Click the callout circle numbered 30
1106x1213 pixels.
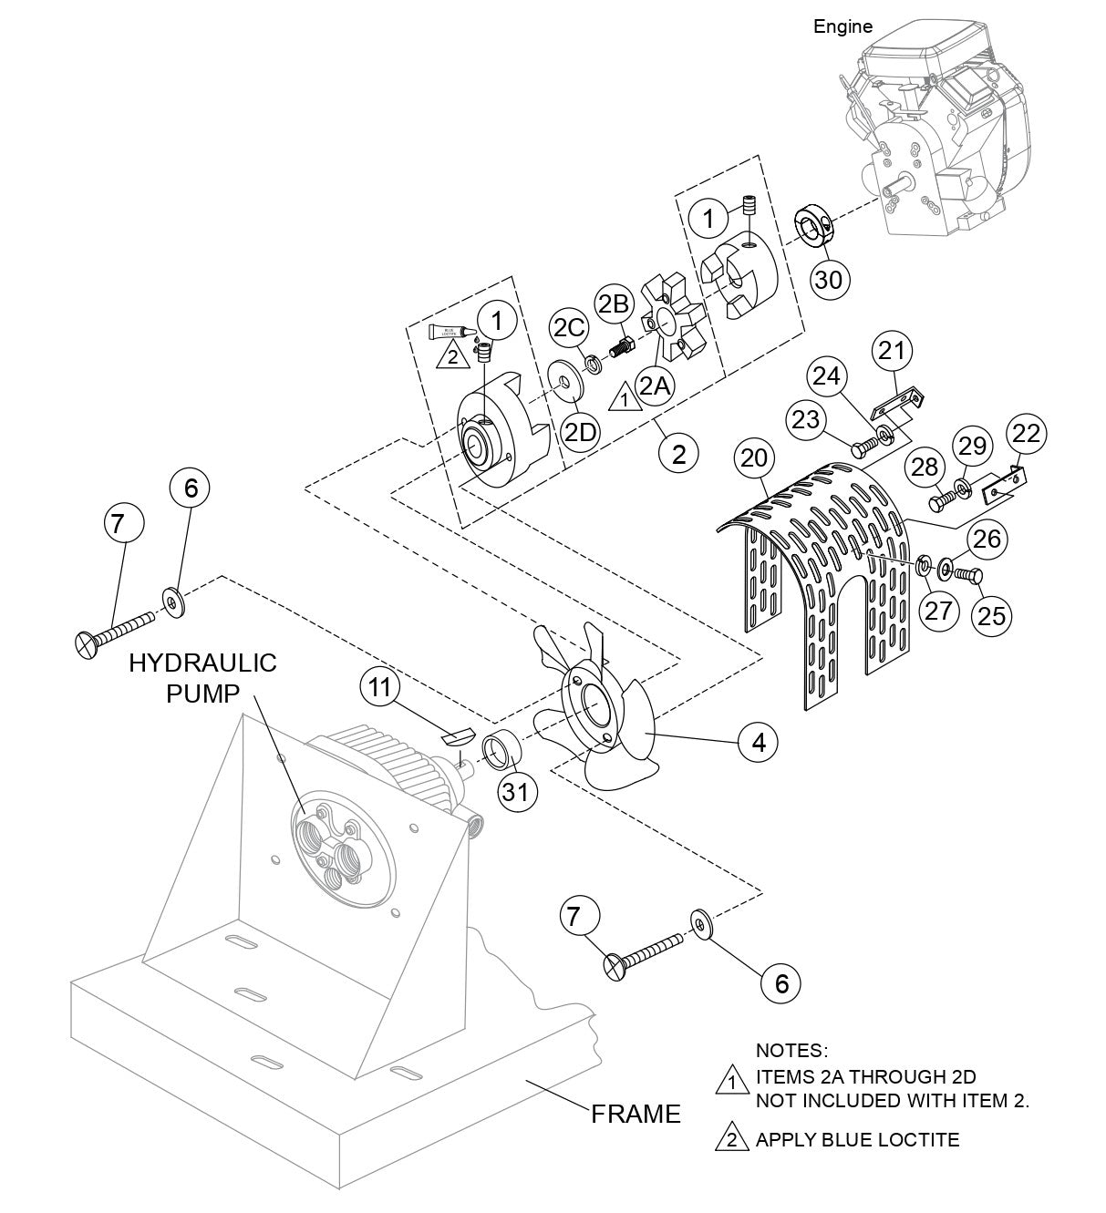tap(829, 279)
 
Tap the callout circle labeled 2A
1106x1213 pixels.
tap(656, 386)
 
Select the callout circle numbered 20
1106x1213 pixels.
tap(755, 459)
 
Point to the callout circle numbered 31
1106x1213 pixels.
tap(516, 792)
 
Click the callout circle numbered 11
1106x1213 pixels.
tap(380, 688)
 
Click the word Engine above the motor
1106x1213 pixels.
tap(842, 27)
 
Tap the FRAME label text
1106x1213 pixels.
tap(636, 1114)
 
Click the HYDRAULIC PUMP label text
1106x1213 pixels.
tap(202, 678)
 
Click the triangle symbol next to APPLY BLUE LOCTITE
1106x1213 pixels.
tap(731, 1139)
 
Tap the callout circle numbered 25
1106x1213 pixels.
tap(992, 615)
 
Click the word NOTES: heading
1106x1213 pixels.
tap(791, 1052)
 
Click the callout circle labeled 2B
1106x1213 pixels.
tap(614, 303)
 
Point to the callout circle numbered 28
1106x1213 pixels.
tap(924, 468)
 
